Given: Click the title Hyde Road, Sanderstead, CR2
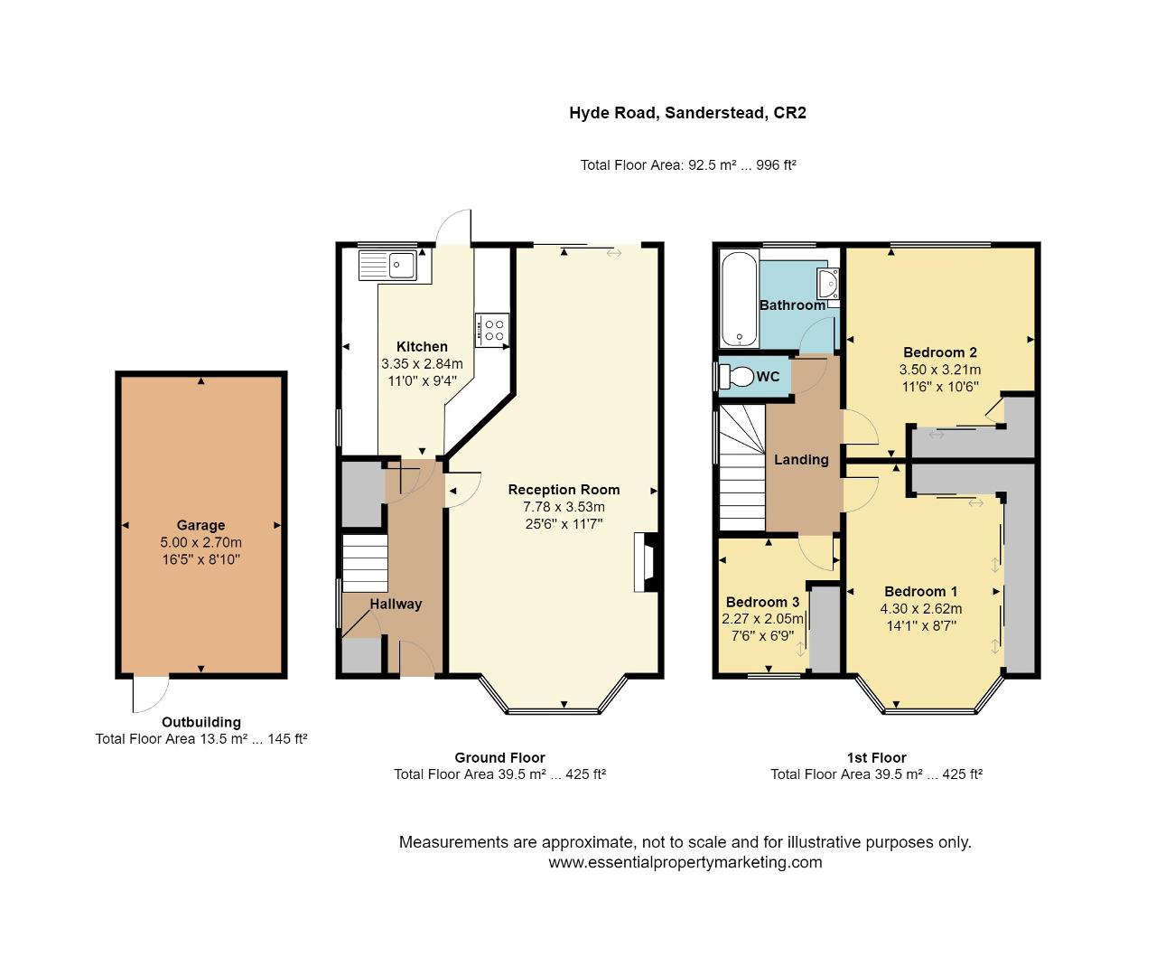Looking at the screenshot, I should (x=687, y=113).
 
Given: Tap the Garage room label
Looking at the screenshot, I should (x=200, y=525).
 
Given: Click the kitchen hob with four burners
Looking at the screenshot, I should (x=493, y=328).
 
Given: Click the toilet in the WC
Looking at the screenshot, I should (x=736, y=376).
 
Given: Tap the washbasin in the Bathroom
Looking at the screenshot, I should (x=828, y=284).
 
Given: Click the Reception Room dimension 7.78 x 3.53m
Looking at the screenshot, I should (x=556, y=507).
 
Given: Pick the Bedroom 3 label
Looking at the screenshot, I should (x=762, y=602).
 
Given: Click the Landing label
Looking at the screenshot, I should (x=801, y=459).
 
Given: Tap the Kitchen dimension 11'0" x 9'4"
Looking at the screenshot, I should (x=422, y=380).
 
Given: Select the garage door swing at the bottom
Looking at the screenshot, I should (x=150, y=694).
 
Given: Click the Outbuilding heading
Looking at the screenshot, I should (x=201, y=722).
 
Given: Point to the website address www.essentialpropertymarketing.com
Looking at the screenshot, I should (x=685, y=862).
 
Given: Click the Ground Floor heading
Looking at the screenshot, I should (x=499, y=758).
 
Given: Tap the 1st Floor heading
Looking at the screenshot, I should (x=876, y=758).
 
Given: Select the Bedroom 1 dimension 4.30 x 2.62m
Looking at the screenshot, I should (x=921, y=608).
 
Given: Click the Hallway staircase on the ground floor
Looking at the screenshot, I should (x=365, y=562).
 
